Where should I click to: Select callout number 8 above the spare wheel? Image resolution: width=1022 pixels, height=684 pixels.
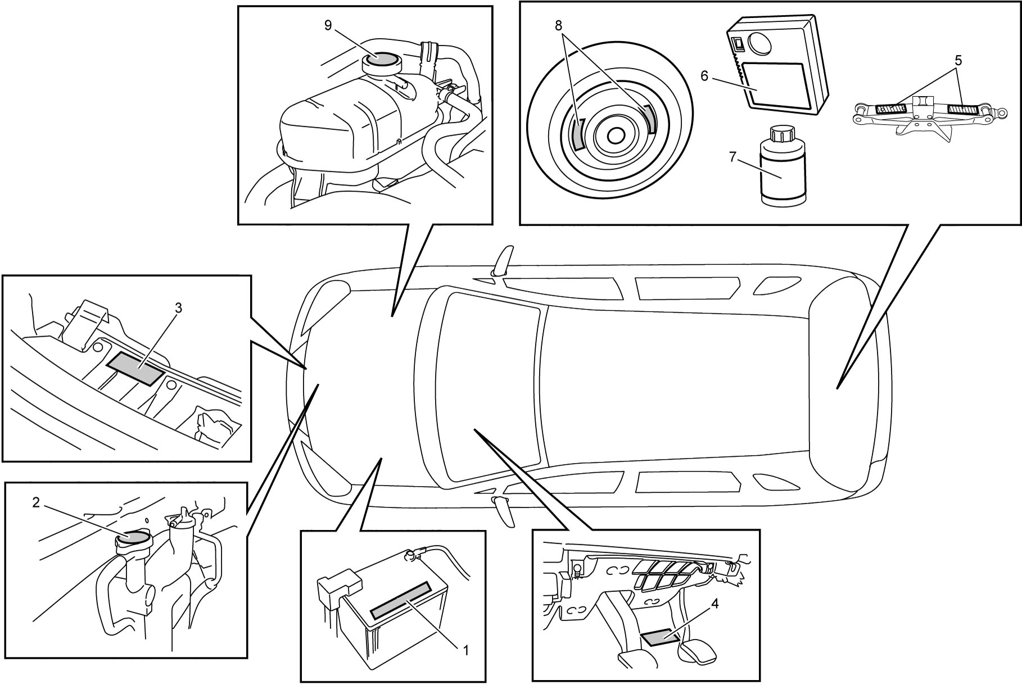(558, 25)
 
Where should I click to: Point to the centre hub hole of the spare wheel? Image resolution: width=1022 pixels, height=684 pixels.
(616, 135)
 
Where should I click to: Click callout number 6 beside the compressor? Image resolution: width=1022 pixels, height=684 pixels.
(705, 75)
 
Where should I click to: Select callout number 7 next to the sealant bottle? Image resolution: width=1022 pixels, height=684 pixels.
(732, 157)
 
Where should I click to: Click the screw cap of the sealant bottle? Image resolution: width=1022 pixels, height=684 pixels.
(780, 134)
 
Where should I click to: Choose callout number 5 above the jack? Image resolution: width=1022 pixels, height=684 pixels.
(958, 60)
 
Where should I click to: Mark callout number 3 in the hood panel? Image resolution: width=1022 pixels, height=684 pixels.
(178, 307)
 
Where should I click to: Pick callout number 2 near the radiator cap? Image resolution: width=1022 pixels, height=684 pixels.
(36, 503)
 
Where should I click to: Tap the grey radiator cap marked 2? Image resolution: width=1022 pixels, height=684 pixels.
(133, 537)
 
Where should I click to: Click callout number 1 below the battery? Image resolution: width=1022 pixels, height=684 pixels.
(465, 650)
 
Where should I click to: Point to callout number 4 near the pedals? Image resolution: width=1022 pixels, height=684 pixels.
(715, 604)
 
